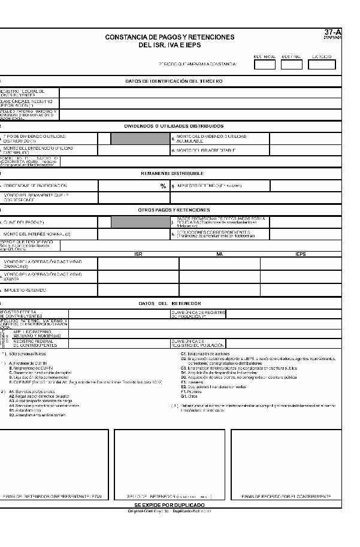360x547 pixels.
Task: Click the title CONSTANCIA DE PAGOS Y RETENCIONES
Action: (170, 37)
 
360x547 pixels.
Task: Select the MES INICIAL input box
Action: (264, 65)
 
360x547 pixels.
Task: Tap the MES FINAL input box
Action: (292, 65)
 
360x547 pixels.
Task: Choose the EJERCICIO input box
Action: (322, 65)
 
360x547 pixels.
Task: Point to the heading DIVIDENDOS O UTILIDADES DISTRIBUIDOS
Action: (174, 126)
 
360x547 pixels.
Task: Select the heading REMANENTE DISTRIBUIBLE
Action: (174, 173)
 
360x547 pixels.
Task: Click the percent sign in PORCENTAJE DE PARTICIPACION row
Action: (163, 186)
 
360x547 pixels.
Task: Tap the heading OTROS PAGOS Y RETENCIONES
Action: (174, 210)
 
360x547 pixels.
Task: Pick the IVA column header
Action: (219, 255)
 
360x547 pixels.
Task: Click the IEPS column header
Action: (300, 255)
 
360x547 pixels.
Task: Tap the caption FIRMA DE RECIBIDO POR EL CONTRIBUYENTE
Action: (286, 497)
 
